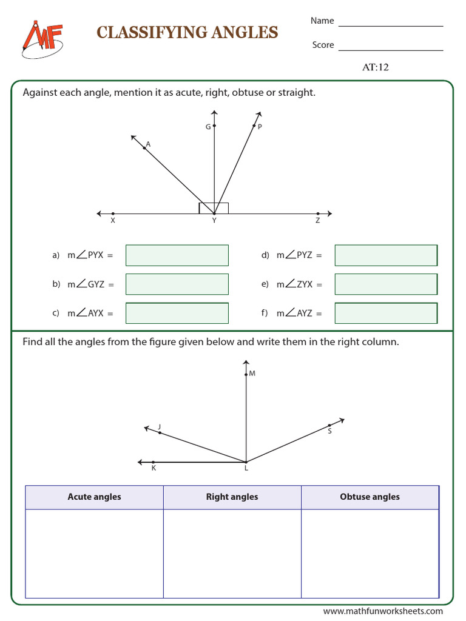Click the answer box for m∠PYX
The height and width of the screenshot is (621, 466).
coord(177,255)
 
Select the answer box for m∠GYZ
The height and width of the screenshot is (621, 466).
coord(177,284)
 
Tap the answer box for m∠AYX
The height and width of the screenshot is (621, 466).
coord(177,313)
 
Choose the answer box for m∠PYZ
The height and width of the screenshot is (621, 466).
coord(386,255)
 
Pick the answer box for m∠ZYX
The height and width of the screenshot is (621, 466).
coord(386,284)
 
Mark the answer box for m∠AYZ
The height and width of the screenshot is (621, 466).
coord(386,313)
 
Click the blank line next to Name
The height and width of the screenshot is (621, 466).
coord(391,25)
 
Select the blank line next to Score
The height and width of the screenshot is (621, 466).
coord(391,50)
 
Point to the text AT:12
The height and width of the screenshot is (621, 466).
coord(375,67)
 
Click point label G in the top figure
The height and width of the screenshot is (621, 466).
coord(208,127)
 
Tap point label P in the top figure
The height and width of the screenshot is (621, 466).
coord(260,127)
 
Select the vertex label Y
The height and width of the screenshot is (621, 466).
coord(214,221)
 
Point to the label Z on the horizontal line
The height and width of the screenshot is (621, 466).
coord(317,221)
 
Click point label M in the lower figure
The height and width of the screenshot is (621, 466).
coord(252,374)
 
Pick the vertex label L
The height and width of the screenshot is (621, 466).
coord(246,469)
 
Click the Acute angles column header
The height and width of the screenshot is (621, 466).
coord(94,497)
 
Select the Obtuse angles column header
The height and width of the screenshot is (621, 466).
coord(370,497)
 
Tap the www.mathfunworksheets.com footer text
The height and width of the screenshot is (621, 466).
coord(383,611)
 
